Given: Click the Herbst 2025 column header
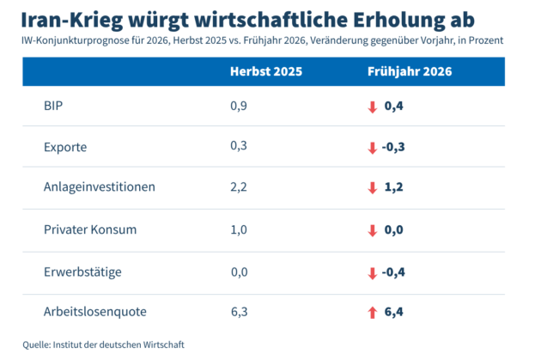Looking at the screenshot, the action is click(266, 71).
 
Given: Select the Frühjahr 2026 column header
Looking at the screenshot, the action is click(410, 71).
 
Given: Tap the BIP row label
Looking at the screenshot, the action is click(53, 106).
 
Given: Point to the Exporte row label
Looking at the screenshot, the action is click(65, 148).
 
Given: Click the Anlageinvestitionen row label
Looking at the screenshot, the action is click(100, 186).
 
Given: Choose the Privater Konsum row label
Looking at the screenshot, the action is click(90, 229).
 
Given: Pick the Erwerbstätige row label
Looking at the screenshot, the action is click(82, 272).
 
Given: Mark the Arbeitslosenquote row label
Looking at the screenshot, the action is click(94, 312).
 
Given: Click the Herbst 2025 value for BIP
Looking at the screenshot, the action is click(239, 106).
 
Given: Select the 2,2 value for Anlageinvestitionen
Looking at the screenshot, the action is click(239, 187).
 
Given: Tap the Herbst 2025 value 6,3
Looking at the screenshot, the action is click(240, 312).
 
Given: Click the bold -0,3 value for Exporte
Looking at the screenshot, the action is click(393, 147).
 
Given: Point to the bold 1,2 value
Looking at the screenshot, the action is click(393, 187).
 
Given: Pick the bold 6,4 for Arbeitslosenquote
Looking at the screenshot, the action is click(393, 312).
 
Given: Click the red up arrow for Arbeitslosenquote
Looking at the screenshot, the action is click(373, 313).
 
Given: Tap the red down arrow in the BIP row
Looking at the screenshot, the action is click(373, 107).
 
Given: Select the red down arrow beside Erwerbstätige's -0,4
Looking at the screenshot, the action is click(373, 273).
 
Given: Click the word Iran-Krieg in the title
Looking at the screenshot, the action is click(72, 21).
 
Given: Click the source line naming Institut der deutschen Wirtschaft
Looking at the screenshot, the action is click(104, 345).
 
